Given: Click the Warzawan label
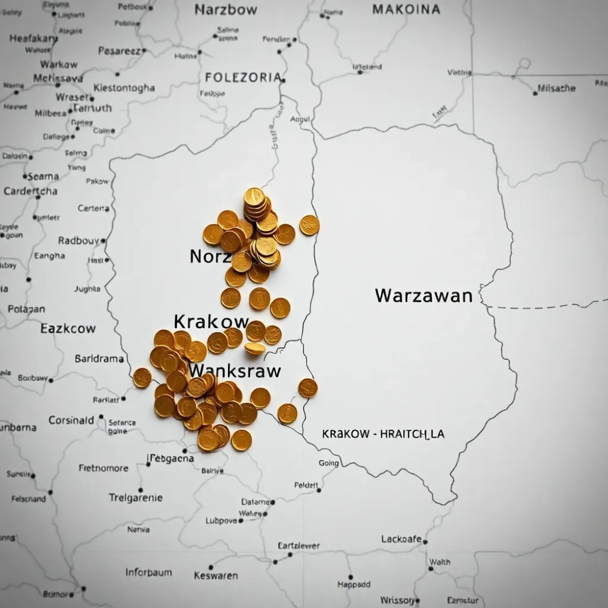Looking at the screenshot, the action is [x=423, y=296].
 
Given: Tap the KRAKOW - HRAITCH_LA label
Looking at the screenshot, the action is [x=383, y=434].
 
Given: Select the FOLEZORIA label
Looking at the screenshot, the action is [x=243, y=78].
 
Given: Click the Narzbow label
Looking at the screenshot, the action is [x=226, y=10].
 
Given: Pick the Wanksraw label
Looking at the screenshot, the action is [x=235, y=370].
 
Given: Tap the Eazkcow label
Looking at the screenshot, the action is [x=68, y=328].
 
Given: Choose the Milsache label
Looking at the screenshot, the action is [x=556, y=88].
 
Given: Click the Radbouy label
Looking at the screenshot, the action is [x=78, y=241].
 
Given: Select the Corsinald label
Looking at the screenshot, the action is [x=71, y=420].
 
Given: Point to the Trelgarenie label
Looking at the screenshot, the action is [x=136, y=497].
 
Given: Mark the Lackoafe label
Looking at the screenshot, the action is [x=401, y=539].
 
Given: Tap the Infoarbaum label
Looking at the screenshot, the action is [x=148, y=572].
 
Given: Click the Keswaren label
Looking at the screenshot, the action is [x=216, y=575].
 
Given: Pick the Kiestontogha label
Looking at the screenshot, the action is [x=124, y=88].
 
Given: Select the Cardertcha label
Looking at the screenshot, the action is [x=30, y=191].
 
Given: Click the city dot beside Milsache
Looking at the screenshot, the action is [x=534, y=92].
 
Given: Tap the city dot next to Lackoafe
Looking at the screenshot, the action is [x=426, y=541].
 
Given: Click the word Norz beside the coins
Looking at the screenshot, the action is [x=210, y=257].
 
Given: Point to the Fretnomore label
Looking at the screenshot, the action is [x=103, y=468].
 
